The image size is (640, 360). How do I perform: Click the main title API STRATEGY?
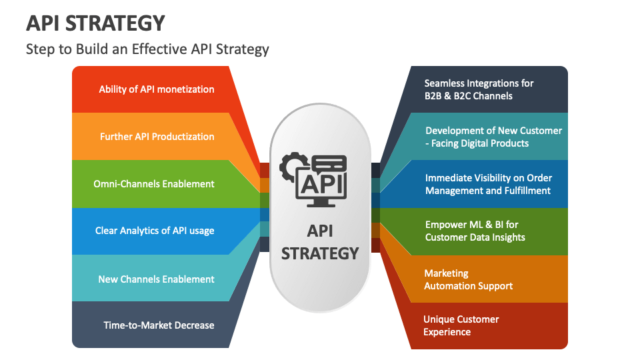point(95,23)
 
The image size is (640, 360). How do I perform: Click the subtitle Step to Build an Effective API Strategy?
point(147,49)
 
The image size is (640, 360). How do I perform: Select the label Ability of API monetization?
point(156,89)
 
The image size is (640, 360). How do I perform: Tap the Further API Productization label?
point(157,136)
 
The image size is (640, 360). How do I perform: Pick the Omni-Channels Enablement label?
point(154,184)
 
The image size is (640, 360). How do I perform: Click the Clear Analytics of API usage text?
point(155,231)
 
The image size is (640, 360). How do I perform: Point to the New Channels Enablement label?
point(156,279)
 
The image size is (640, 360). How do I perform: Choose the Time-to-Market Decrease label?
point(159,325)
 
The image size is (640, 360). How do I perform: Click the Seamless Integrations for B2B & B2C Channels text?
point(479,89)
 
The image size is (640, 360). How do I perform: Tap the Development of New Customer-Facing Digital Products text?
point(493,137)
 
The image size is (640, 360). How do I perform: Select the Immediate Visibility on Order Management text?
point(489,184)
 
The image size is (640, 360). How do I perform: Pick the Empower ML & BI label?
point(475,231)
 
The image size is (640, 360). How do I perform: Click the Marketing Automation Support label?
point(468,279)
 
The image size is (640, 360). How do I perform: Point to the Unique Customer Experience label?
point(461,325)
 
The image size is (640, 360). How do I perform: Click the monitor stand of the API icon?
point(321,203)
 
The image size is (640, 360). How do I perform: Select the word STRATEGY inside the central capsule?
point(320,253)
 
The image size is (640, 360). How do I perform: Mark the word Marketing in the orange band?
point(446,273)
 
